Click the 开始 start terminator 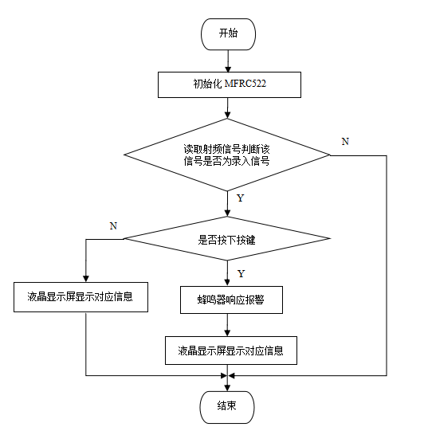[x=228, y=34]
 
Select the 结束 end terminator [x=228, y=405]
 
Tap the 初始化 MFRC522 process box [x=229, y=84]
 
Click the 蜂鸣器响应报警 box [x=228, y=300]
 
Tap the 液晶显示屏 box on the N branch [x=80, y=299]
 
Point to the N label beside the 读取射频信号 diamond [x=344, y=141]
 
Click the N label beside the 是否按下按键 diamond [x=113, y=226]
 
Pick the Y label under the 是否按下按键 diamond [x=240, y=273]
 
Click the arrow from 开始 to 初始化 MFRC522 [x=228, y=61]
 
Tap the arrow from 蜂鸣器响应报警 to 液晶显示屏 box [x=228, y=324]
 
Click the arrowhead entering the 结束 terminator [x=228, y=386]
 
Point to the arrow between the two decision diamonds [x=228, y=203]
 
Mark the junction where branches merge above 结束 [x=228, y=375]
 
